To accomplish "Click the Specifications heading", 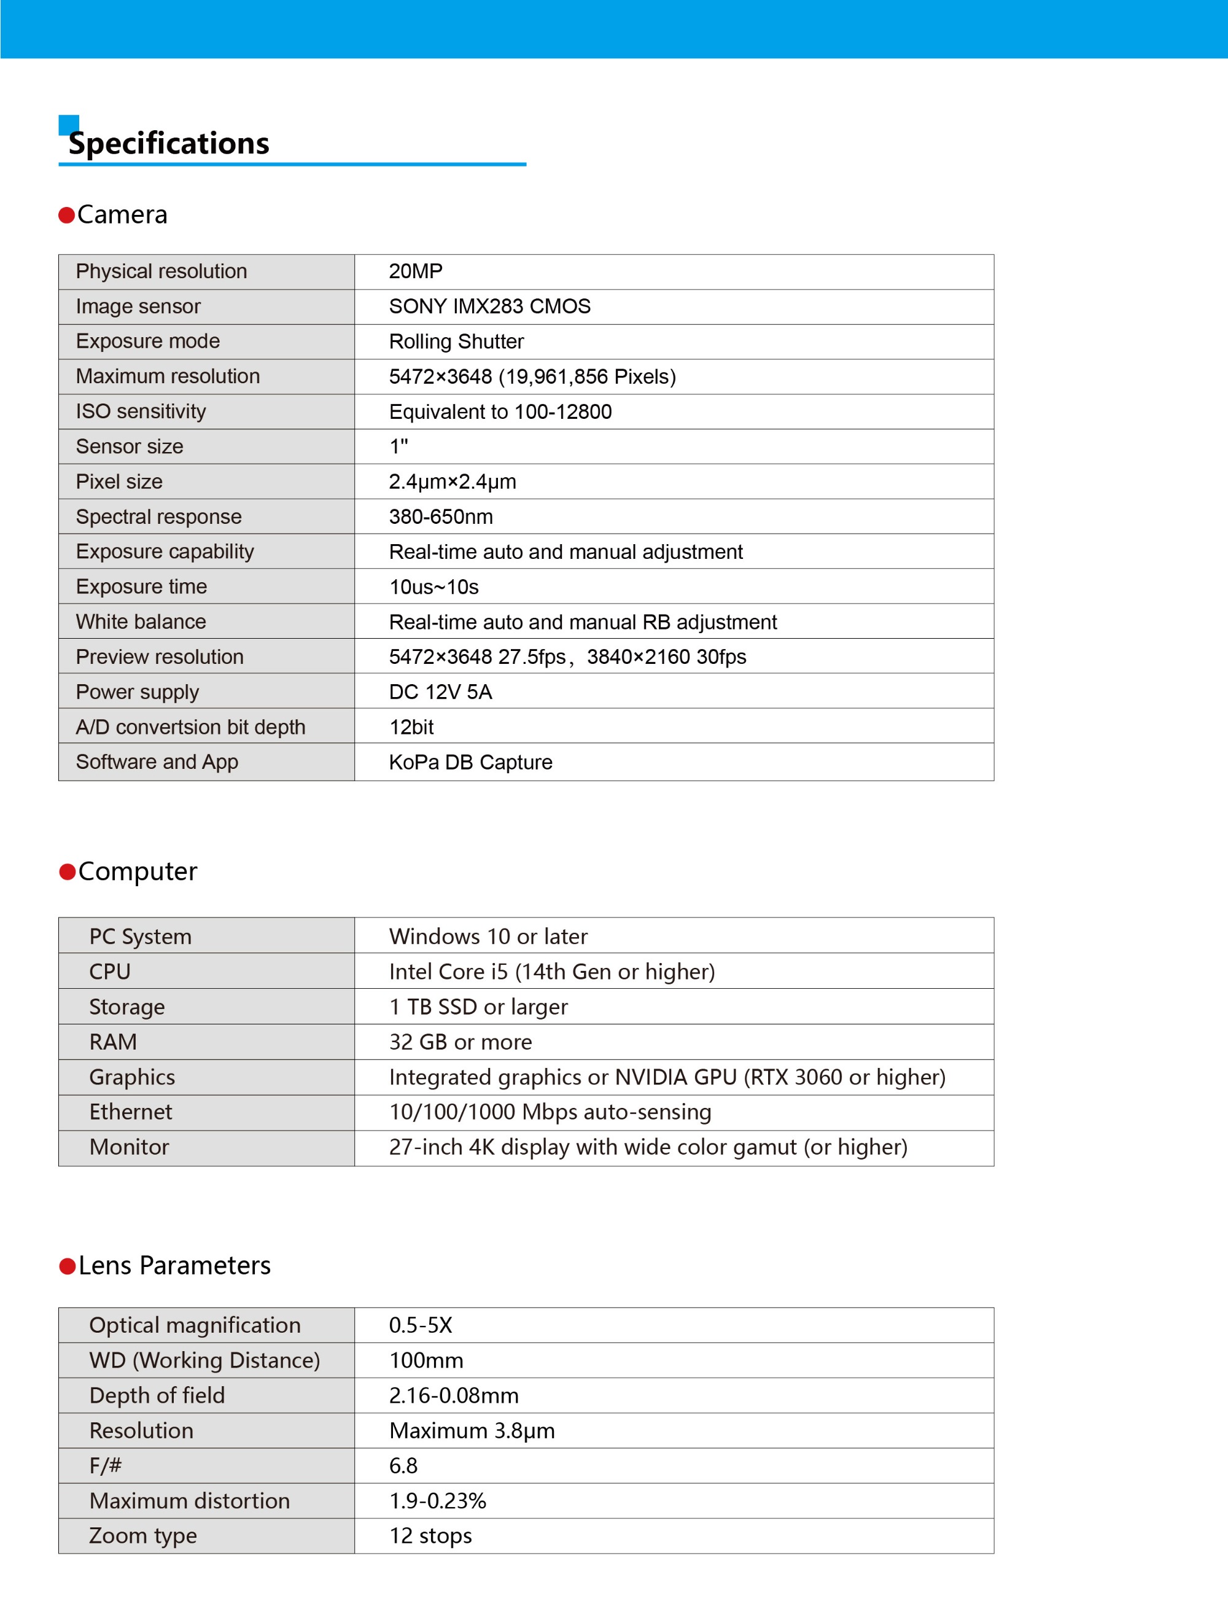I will (169, 143).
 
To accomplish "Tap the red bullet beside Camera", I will (66, 215).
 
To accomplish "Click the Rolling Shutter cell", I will (456, 341).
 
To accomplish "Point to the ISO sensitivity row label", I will (141, 411).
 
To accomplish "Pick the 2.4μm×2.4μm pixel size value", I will (453, 481).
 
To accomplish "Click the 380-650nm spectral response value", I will (441, 517).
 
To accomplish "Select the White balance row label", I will (141, 622).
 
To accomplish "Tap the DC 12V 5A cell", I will (440, 692).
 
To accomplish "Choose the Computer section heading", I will (138, 871).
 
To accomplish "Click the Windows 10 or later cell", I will (488, 937).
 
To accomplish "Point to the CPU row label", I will (110, 972).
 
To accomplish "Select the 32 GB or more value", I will (460, 1042).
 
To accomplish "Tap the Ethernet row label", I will (130, 1112).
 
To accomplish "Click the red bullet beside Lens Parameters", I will (68, 1266).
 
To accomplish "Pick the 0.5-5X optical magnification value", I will (421, 1325).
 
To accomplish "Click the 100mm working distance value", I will (426, 1360).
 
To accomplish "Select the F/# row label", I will (105, 1466).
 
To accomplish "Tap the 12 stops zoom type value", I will (430, 1536).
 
